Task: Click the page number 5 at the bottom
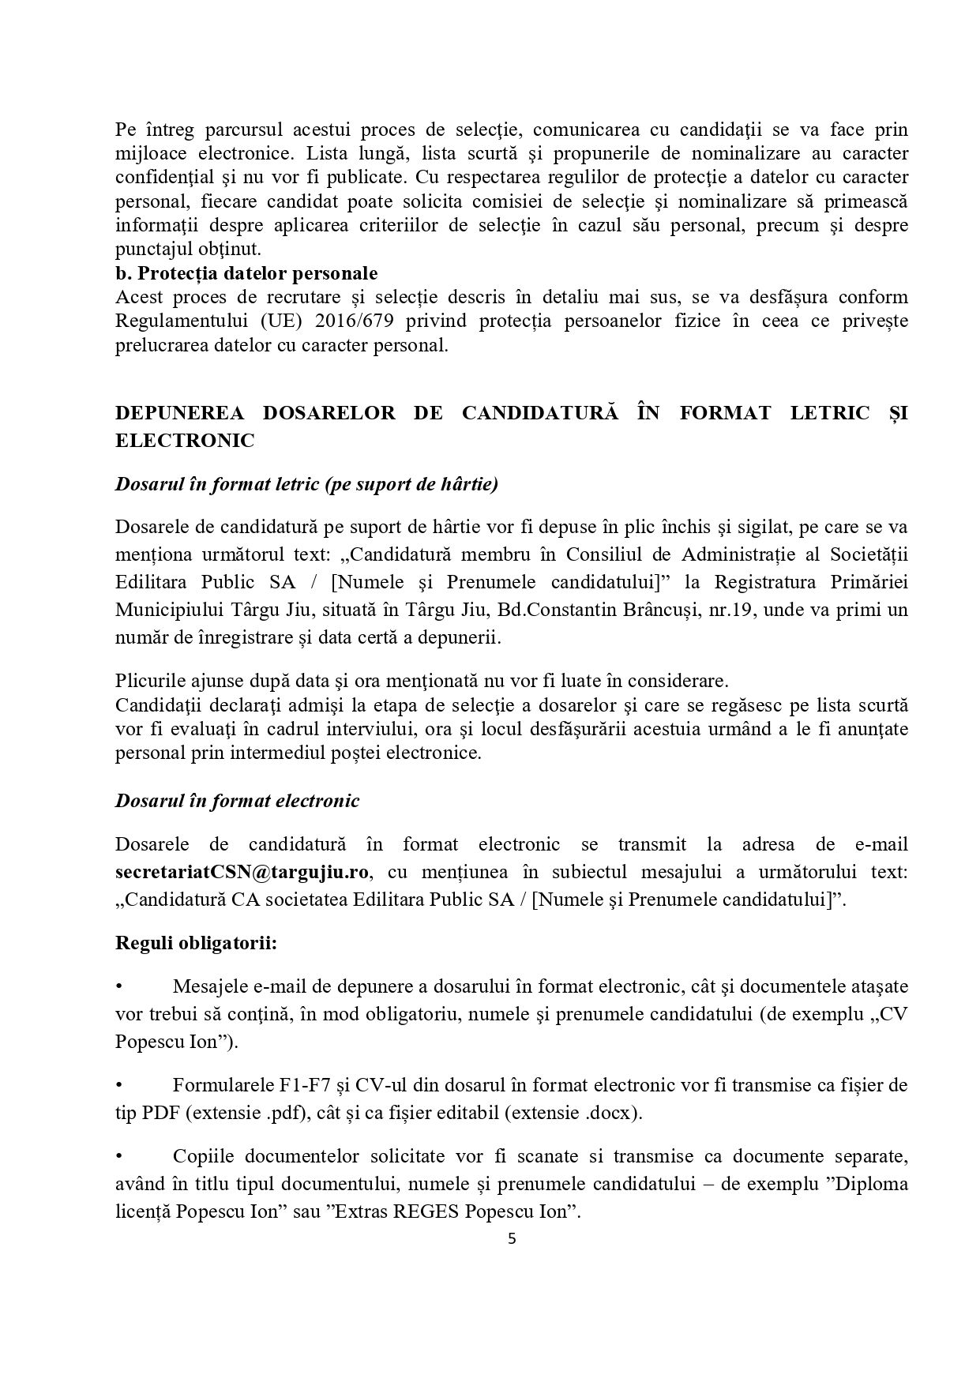pyautogui.click(x=511, y=1238)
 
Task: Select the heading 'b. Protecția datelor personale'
pyautogui.click(x=246, y=273)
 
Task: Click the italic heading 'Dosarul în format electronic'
pyautogui.click(x=237, y=801)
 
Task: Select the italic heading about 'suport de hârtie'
pyautogui.click(x=306, y=484)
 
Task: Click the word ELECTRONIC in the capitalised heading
pyautogui.click(x=185, y=441)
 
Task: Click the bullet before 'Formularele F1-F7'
pyautogui.click(x=119, y=1085)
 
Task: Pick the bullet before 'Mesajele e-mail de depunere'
pyautogui.click(x=119, y=986)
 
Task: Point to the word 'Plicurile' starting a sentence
pyautogui.click(x=148, y=680)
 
